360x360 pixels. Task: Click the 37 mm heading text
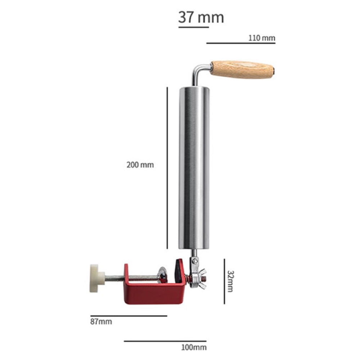[201, 17]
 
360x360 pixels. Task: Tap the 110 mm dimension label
[262, 38]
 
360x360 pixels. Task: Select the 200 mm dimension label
[140, 165]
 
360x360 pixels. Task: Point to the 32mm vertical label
[230, 281]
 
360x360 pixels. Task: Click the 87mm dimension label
[101, 321]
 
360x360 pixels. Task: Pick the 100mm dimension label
[194, 347]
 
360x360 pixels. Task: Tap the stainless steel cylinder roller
[194, 167]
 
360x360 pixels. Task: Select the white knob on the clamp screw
[96, 278]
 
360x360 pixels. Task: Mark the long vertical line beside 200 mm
[167, 167]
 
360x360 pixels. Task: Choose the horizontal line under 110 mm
[241, 43]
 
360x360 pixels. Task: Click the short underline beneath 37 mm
[193, 27]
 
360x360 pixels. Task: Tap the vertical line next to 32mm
[224, 281]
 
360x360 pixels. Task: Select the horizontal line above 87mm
[129, 316]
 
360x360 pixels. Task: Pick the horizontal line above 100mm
[165, 341]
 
